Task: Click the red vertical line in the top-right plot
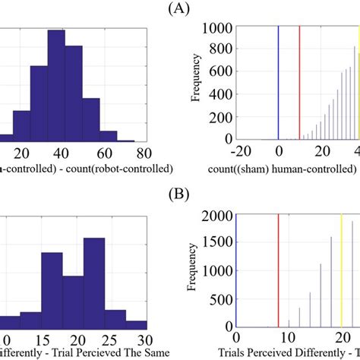tap(300, 84)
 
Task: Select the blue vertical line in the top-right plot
tap(278, 84)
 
